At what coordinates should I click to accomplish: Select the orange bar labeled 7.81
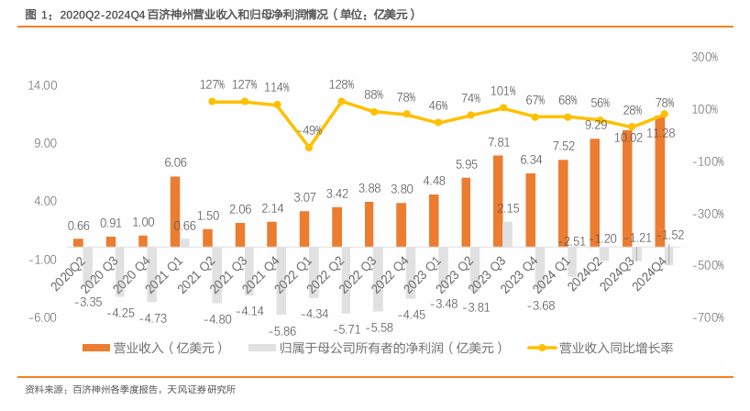click(x=498, y=200)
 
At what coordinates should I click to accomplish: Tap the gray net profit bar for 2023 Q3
click(x=507, y=233)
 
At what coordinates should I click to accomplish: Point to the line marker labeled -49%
click(x=309, y=148)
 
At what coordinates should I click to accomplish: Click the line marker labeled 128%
click(x=341, y=101)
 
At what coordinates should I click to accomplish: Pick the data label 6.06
click(x=175, y=162)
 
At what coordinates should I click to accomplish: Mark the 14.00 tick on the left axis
click(x=44, y=85)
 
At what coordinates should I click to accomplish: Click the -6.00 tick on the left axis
click(x=44, y=317)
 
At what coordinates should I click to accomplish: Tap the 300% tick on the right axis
click(x=703, y=57)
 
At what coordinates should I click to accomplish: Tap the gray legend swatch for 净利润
click(x=262, y=349)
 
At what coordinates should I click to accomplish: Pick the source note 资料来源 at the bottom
click(x=129, y=389)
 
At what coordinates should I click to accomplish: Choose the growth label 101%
click(x=503, y=91)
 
